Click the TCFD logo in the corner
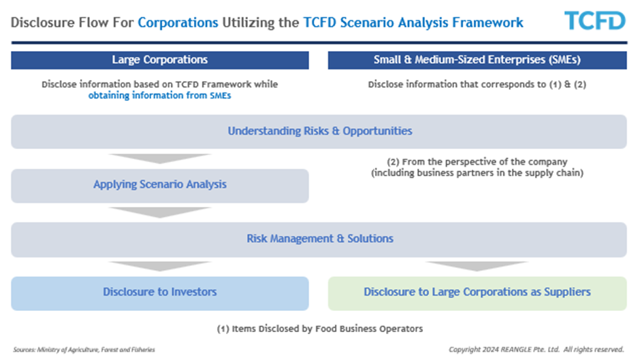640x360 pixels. click(594, 20)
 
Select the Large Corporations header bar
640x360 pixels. click(160, 60)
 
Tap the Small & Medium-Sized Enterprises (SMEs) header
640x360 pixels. click(477, 60)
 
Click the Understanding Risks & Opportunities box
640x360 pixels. click(319, 131)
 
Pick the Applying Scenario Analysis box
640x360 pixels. click(160, 186)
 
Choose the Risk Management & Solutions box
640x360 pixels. click(319, 240)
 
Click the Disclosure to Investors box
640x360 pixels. click(160, 293)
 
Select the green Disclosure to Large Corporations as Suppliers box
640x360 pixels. click(477, 293)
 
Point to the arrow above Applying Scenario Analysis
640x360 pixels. click(160, 159)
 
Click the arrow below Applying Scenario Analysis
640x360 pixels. click(160, 212)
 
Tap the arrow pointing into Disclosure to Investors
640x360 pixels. click(160, 266)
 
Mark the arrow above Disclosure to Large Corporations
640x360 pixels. click(477, 266)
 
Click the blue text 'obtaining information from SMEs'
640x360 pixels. click(159, 95)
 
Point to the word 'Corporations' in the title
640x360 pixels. click(178, 22)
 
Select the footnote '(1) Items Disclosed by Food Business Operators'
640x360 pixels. click(319, 329)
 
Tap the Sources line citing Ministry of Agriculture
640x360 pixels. click(84, 349)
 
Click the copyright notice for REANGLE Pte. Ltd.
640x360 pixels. click(537, 349)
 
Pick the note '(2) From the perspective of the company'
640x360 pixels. click(477, 162)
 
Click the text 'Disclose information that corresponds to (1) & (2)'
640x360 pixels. click(477, 84)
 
